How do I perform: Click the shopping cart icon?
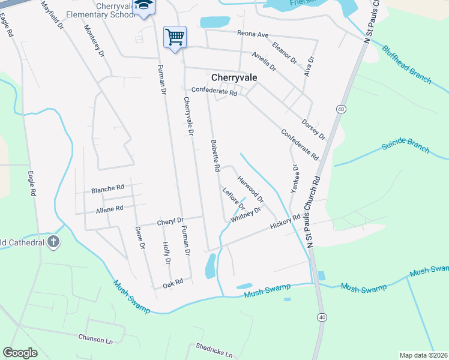[175, 37]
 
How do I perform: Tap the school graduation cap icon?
[143, 6]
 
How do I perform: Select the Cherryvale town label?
[235, 77]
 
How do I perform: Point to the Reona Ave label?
[253, 34]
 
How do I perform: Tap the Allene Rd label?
[109, 209]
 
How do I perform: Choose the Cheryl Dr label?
[170, 221]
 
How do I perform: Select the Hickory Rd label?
[285, 223]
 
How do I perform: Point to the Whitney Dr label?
[246, 215]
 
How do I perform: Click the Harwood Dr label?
[250, 189]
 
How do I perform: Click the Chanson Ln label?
[95, 338]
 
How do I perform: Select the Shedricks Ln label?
[214, 350]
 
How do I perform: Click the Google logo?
[20, 353]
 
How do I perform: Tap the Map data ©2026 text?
[423, 355]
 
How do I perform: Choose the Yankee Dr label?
[295, 179]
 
